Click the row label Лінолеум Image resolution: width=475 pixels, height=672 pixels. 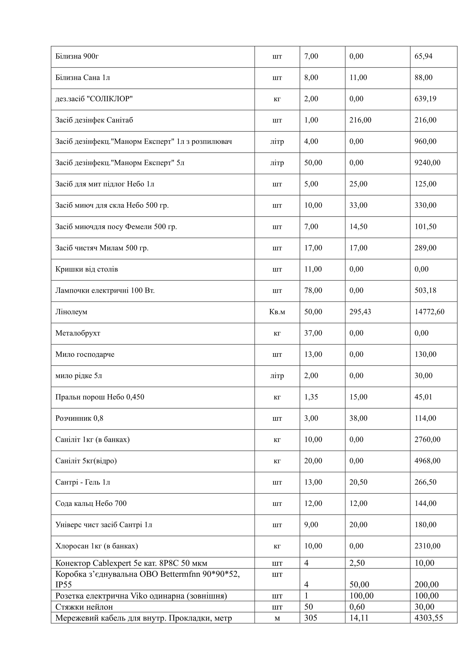(71, 312)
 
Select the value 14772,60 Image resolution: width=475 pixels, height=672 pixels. (429, 312)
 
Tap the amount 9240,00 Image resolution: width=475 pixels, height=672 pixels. (427, 163)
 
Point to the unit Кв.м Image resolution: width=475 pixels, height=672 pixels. (277, 312)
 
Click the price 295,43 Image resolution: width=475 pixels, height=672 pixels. (360, 312)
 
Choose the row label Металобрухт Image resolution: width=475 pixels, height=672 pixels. (78, 333)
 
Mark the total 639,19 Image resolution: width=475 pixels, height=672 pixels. (425, 99)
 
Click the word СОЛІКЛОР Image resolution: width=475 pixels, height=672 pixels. (110, 99)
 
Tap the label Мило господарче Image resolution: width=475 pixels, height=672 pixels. (85, 354)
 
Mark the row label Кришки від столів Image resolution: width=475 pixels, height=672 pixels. (87, 269)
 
